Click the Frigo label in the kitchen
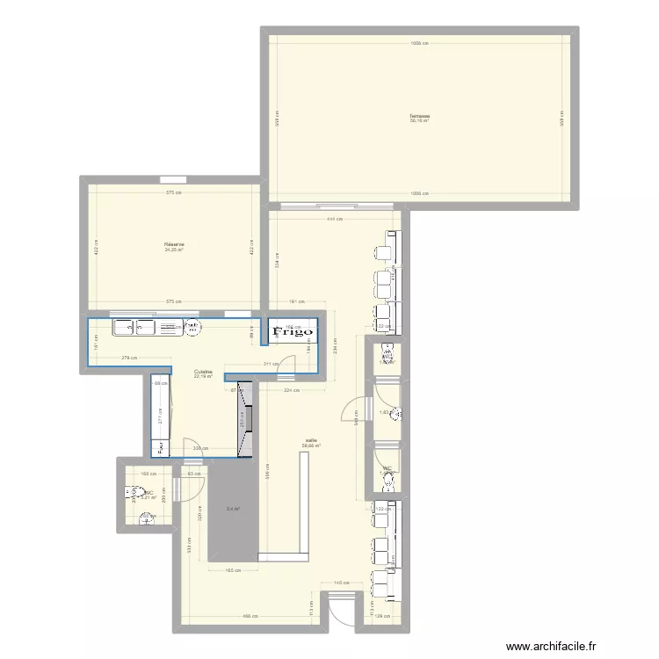(x=293, y=332)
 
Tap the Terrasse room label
(x=419, y=116)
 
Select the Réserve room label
(x=173, y=245)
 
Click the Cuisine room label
(x=204, y=372)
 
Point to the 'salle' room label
(x=311, y=441)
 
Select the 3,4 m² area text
(x=232, y=509)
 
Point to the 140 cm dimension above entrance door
(x=339, y=583)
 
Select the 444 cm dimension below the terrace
(x=334, y=219)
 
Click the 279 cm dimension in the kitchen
(x=127, y=358)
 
